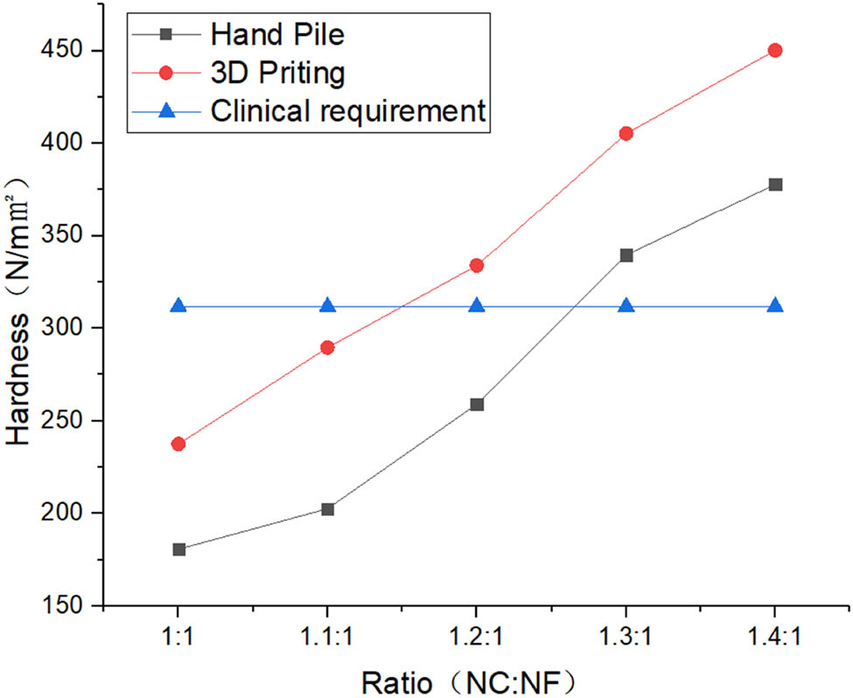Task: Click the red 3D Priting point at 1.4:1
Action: [774, 51]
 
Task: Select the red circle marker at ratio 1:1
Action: [178, 443]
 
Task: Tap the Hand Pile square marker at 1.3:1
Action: [626, 255]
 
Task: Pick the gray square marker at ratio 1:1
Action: [178, 549]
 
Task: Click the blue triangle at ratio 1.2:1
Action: [477, 306]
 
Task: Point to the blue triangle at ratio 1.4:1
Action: [774, 306]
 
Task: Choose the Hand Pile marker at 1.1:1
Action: [327, 509]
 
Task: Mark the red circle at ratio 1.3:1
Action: [626, 134]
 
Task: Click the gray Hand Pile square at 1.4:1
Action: [774, 185]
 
